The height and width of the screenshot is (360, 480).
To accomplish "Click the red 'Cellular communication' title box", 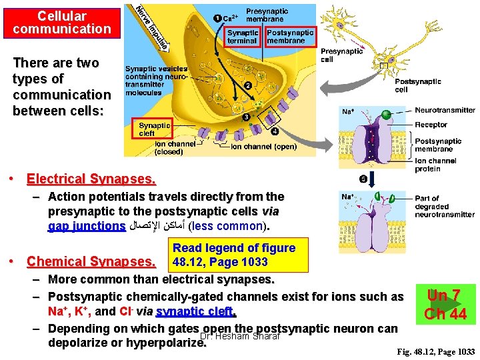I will coord(61,21).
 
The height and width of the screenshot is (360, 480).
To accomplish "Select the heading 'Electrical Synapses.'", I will coord(91,179).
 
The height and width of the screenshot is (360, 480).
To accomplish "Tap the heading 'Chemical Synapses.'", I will coord(91,261).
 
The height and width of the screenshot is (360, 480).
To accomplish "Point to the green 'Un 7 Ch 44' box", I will coord(446,304).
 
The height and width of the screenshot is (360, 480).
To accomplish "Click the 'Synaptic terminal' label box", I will coord(242,37).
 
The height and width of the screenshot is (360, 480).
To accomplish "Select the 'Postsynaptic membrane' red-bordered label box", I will coord(290,37).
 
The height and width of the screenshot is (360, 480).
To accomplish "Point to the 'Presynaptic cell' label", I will coord(341,55).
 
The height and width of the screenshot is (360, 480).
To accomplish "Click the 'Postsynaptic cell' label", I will coord(417,85).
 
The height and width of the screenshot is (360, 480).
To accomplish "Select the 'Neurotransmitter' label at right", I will coord(445,110).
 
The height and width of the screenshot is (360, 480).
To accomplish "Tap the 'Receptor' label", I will coord(431,125).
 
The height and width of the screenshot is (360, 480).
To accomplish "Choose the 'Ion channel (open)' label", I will coord(263,147).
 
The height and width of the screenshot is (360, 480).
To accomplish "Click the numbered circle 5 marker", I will coord(363,179).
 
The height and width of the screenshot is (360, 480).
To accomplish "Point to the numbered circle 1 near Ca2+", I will coord(218,17).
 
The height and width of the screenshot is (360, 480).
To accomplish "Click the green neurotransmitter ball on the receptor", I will coord(385,117).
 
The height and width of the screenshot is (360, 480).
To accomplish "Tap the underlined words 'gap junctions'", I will coord(87,226).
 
